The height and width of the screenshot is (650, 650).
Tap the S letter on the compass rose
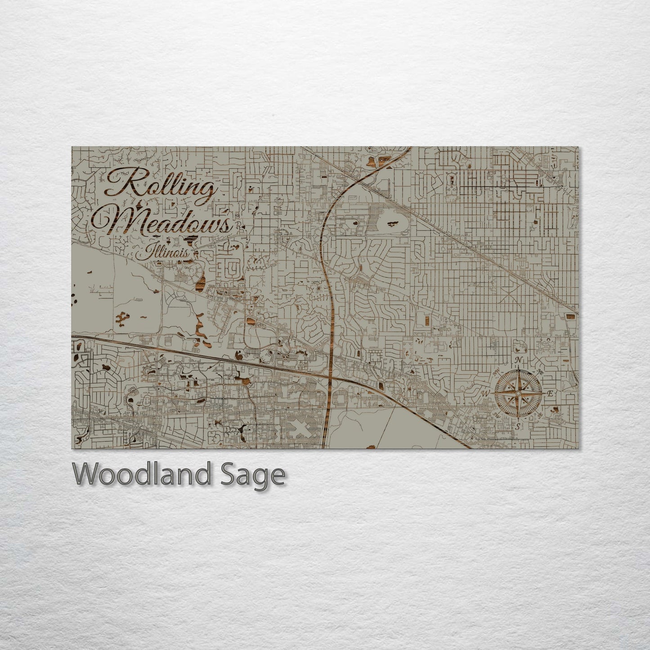[x=518, y=426]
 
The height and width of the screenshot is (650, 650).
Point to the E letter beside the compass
[x=550, y=393]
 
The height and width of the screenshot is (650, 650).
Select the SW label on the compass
[x=497, y=415]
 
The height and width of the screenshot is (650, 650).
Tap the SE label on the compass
[x=539, y=415]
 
